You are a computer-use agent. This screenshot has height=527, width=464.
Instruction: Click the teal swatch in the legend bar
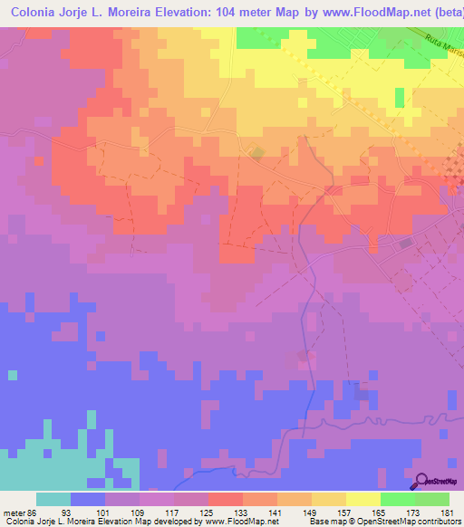click(53, 499)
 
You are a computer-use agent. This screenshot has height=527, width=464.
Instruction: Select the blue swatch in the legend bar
click(88, 499)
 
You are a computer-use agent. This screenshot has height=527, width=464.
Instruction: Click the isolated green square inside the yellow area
click(400, 95)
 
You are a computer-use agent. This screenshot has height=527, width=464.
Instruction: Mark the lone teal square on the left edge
click(12, 374)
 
